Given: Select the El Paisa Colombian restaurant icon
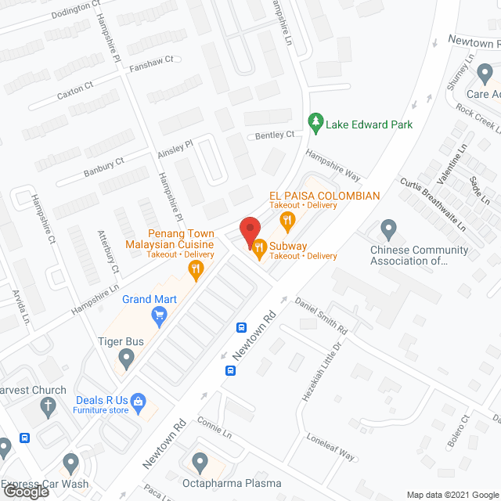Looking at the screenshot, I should [288, 220].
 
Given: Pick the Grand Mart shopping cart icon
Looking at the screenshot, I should [160, 315].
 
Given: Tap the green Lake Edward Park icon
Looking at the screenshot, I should [315, 123].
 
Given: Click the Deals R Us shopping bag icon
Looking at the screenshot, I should [139, 402].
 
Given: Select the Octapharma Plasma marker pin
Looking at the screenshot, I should [200, 461].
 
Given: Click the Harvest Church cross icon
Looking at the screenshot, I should [48, 405].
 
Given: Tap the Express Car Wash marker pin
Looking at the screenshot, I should [71, 461].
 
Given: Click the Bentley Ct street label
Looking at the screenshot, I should [275, 135].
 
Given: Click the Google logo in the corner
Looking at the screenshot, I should [27, 492].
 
